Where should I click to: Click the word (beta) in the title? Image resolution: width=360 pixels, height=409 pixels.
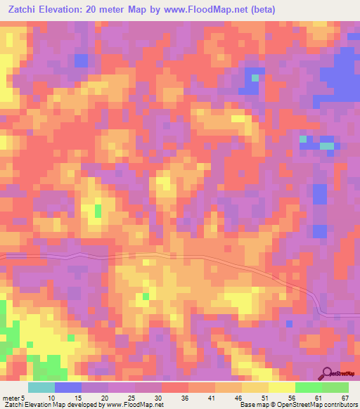click(x=259, y=10)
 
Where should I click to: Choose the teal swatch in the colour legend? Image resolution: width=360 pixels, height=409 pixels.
click(x=41, y=387)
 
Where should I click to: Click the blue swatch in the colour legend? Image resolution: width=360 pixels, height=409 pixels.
click(x=68, y=387)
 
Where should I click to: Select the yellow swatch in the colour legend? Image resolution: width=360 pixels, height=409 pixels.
click(x=281, y=387)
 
